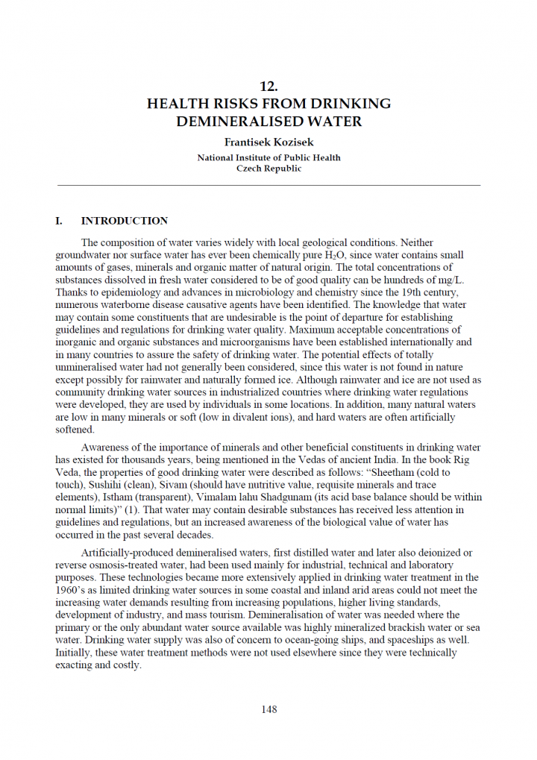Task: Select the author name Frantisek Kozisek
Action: (268, 142)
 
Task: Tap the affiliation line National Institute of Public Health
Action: (268, 157)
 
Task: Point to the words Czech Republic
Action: (268, 169)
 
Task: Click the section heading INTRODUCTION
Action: (125, 221)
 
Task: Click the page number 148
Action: (268, 709)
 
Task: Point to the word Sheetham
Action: (405, 473)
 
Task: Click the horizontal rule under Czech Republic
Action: (268, 185)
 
